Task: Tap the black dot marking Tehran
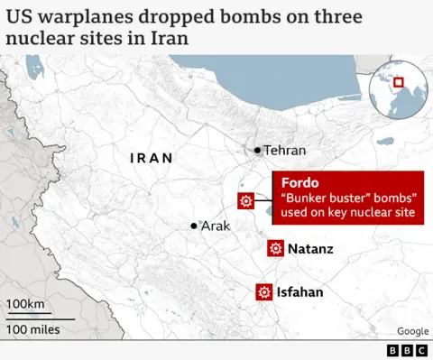[x=258, y=150]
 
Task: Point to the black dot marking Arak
[x=194, y=226]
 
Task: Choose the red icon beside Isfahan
[x=263, y=291]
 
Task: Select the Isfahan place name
[x=300, y=292]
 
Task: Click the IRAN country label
[x=151, y=159]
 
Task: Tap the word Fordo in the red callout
[x=299, y=182]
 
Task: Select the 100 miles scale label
[x=34, y=329]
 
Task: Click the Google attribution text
[x=412, y=331]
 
